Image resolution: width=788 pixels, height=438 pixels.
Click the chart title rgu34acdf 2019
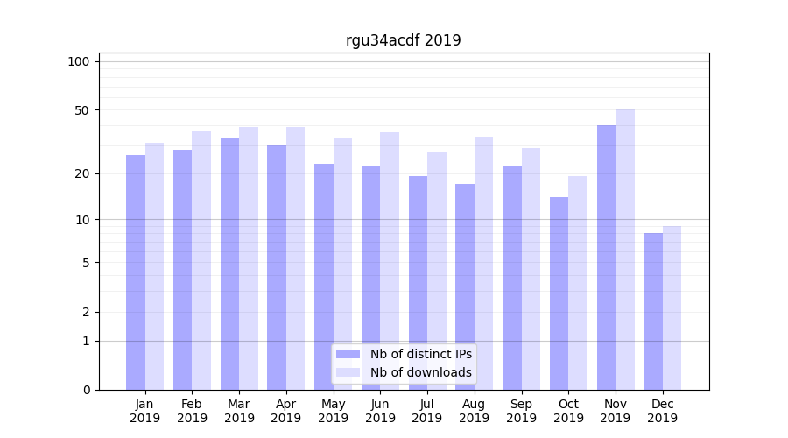pos(403,40)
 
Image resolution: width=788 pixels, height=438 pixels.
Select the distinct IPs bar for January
pos(136,272)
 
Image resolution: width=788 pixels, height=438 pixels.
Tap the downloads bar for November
pos(625,250)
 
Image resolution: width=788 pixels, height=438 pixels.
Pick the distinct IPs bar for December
pos(653,311)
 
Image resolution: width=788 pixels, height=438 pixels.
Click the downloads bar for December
pos(672,307)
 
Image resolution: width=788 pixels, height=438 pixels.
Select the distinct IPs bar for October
pos(559,293)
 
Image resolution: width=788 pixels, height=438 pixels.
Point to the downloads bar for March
pos(249,258)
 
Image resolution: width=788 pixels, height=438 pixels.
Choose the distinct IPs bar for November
pos(606,258)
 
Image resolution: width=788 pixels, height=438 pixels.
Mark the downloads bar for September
pos(531,269)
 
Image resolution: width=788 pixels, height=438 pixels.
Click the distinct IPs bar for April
pos(277,267)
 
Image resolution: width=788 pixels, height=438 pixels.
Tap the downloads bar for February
pos(201,260)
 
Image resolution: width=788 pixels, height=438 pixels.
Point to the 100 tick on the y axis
pos(79,61)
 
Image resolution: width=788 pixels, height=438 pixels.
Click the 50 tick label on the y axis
pos(81,110)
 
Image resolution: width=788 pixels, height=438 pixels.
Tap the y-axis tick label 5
pos(85,262)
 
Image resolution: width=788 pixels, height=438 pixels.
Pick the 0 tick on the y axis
pos(85,390)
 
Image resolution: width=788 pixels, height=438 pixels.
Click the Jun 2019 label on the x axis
pos(380,411)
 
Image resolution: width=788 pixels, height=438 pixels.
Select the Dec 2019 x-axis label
pos(663,411)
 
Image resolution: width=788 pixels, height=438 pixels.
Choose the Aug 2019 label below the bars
pos(475,411)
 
